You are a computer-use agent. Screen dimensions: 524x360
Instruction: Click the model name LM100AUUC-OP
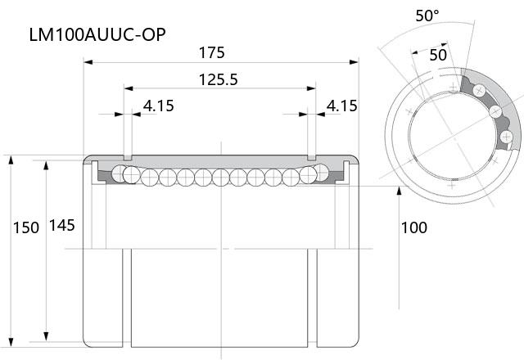point(97,34)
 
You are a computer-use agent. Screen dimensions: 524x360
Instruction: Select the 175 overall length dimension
point(211,52)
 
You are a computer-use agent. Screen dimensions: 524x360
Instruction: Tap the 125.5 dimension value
point(219,79)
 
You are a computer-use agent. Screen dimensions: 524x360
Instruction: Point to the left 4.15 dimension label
point(159,106)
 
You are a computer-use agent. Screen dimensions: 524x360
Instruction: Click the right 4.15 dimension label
point(342,106)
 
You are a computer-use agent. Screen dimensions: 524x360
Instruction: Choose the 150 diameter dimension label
point(26,227)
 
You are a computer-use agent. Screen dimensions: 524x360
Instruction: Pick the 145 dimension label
point(62,226)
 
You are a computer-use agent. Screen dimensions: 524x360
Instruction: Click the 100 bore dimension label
point(414,227)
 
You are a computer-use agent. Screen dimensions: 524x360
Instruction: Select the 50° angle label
point(427,16)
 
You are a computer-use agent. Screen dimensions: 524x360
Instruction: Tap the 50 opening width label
point(438,55)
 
